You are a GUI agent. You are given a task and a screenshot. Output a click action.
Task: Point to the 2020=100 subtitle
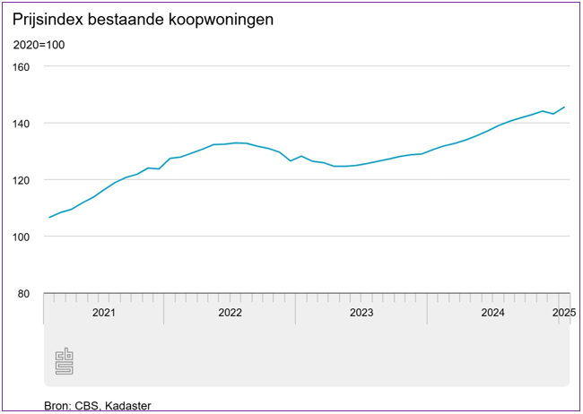coord(39,45)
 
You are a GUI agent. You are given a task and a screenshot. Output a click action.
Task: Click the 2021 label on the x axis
coord(103,313)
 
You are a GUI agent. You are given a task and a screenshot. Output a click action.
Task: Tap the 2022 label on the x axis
coord(230,313)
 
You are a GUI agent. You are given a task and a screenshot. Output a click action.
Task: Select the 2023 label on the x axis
coord(361,313)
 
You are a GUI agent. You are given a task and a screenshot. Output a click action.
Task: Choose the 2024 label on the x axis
coord(492,313)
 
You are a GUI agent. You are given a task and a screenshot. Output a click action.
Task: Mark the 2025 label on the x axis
coord(563,313)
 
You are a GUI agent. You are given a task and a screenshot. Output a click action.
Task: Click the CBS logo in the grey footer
coord(64,361)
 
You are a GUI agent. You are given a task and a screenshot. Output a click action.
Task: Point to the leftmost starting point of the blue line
coord(49,218)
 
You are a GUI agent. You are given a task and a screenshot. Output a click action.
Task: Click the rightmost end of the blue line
coord(564,108)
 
